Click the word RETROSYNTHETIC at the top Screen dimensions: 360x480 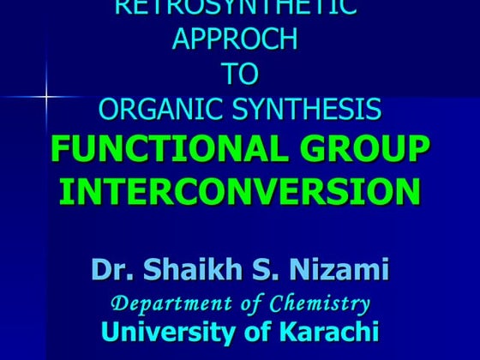236,9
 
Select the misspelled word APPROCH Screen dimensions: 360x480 236,40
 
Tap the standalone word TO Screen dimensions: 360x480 239,75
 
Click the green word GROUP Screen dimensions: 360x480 361,149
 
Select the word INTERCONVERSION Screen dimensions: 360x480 239,189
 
